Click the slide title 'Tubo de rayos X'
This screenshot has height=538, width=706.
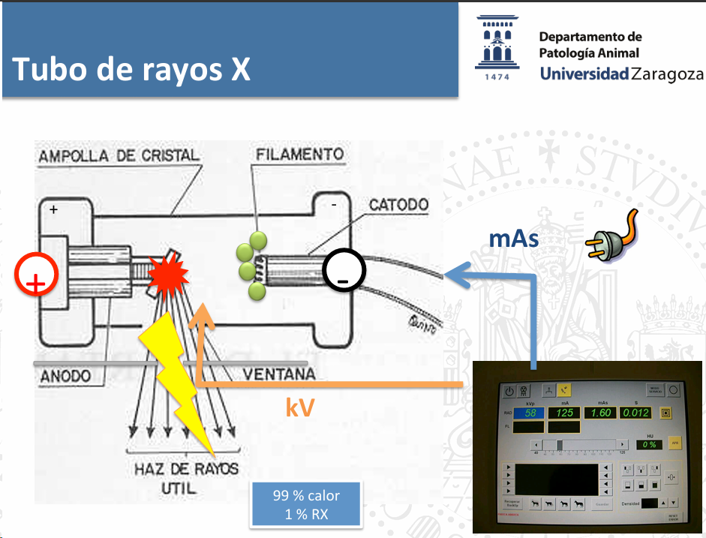click(x=132, y=70)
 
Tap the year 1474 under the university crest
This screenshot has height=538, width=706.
click(x=496, y=77)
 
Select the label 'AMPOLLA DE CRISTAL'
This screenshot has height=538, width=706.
click(x=119, y=156)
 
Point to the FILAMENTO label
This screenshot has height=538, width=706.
click(x=299, y=155)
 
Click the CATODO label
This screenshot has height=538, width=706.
click(x=398, y=204)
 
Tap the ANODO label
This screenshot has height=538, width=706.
click(x=65, y=375)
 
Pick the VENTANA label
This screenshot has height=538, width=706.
click(x=279, y=374)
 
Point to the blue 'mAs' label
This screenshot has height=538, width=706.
click(x=514, y=238)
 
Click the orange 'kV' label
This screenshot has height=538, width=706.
click(x=300, y=407)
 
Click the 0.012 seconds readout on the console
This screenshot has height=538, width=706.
click(x=635, y=413)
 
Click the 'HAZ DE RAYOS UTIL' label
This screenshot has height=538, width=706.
click(x=186, y=478)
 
